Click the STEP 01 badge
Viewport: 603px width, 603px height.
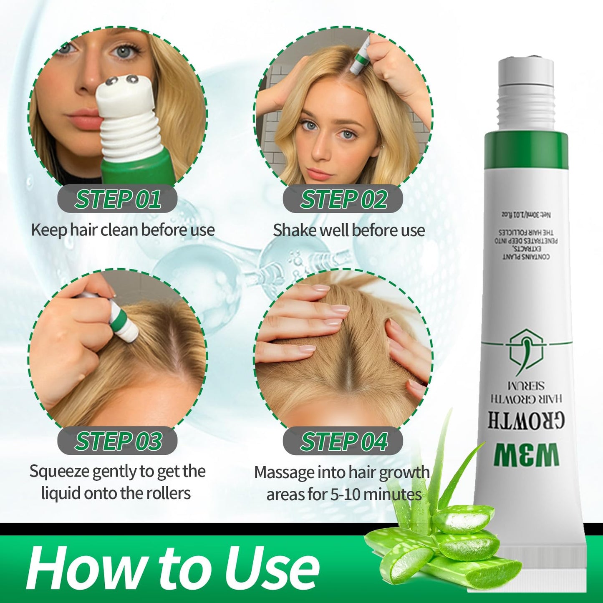pos(117,199)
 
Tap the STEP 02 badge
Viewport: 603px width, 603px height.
pos(343,199)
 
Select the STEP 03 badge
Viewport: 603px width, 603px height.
pos(117,441)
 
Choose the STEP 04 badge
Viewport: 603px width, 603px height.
pos(343,442)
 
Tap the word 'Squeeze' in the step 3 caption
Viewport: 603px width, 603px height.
pos(59,472)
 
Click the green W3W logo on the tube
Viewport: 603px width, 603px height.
pos(526,455)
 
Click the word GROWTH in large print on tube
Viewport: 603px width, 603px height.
pos(526,421)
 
